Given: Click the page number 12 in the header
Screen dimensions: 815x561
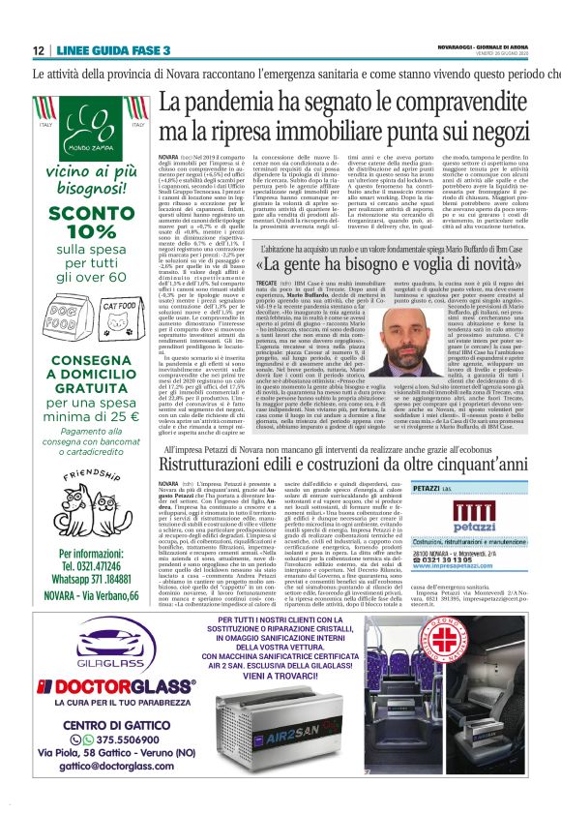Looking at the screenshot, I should pyautogui.click(x=38, y=50).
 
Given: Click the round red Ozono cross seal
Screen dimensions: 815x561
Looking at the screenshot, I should pyautogui.click(x=498, y=659).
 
